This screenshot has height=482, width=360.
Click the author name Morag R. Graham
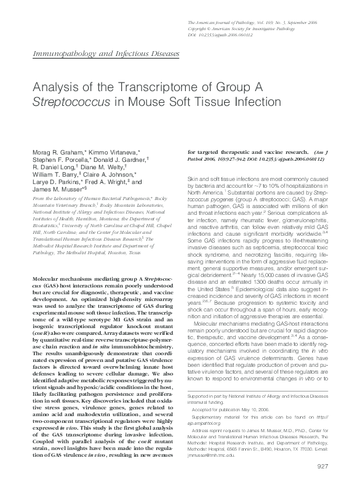tap(53, 151)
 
